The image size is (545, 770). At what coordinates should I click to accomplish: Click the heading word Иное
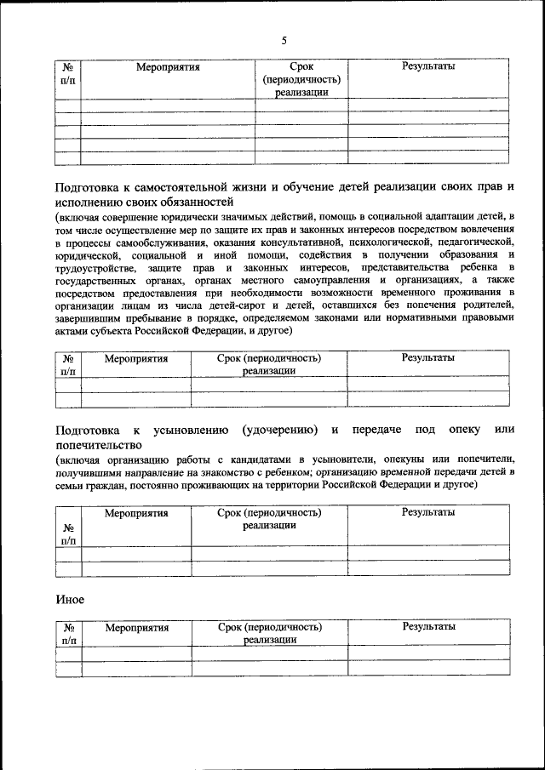[x=70, y=599]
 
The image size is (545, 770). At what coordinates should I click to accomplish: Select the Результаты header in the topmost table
[x=427, y=66]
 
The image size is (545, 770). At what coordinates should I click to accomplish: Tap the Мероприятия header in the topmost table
[x=168, y=66]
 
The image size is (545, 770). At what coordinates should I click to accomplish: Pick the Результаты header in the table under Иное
[x=428, y=626]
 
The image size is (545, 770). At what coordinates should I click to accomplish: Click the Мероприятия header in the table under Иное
[x=136, y=628]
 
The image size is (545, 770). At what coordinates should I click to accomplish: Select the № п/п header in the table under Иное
[x=68, y=634]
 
